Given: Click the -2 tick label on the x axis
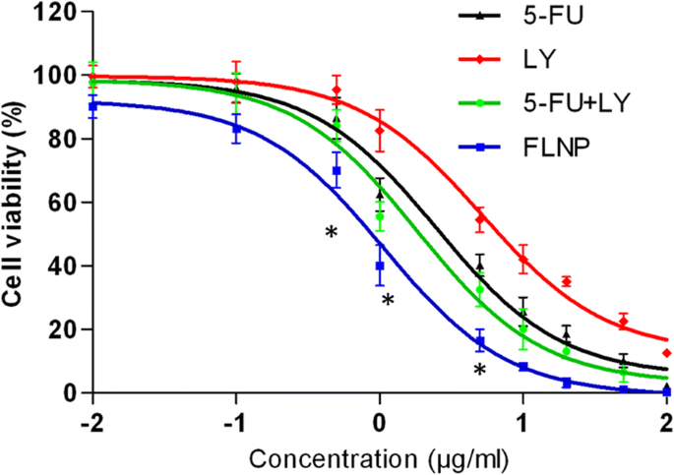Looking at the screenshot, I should click(92, 416).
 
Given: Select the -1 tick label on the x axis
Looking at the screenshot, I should click(235, 416).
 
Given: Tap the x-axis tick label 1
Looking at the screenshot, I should click(523, 416).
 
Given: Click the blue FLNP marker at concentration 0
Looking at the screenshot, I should click(380, 266).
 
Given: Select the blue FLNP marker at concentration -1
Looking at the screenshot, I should click(236, 128).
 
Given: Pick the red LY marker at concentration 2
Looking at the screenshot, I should click(667, 352).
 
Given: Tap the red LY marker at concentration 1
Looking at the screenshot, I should click(523, 260).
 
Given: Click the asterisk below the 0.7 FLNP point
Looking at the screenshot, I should click(479, 371).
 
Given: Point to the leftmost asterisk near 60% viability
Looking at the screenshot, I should click(332, 233).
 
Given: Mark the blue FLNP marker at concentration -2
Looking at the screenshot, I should click(92, 105).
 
